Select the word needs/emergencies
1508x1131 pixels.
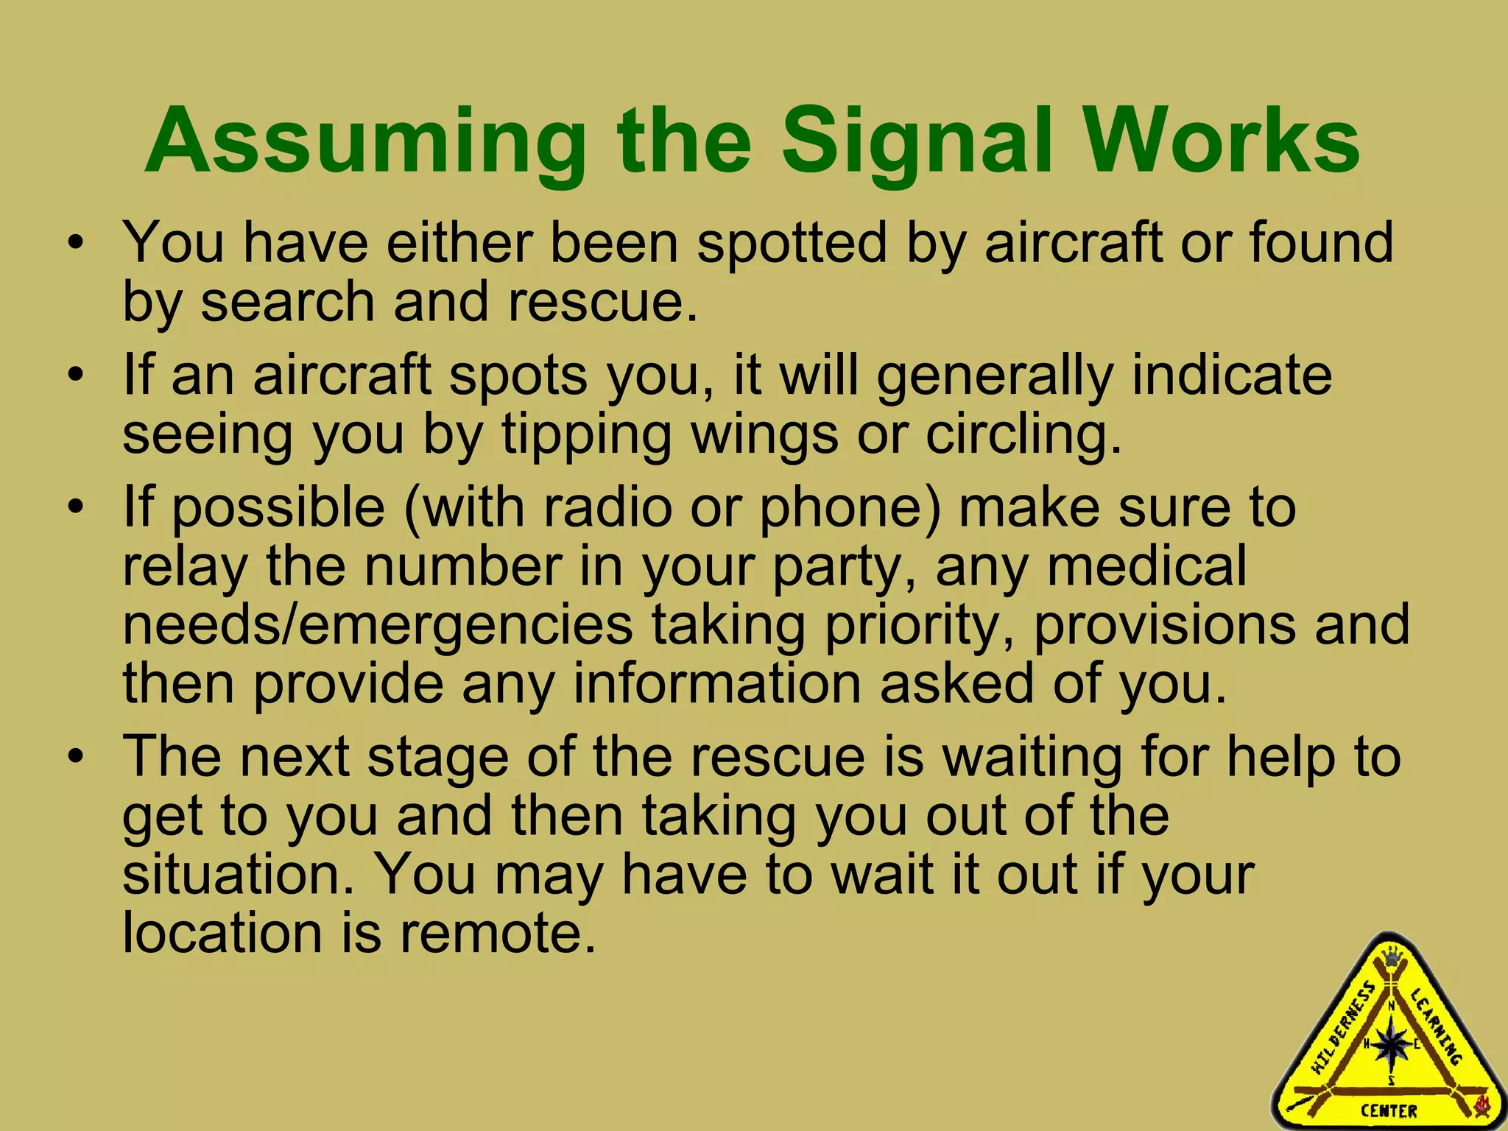(377, 625)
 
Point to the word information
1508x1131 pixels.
(716, 683)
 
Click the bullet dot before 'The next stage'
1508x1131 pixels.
(75, 757)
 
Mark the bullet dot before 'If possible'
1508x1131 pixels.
(75, 507)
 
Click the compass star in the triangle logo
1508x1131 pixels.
(1391, 1043)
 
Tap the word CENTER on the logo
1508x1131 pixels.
(1389, 1111)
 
